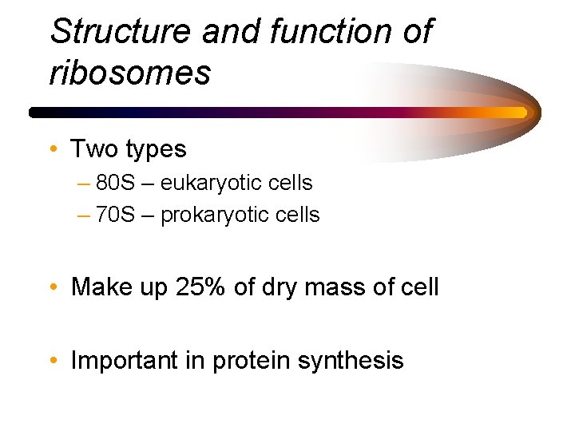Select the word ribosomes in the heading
[x=130, y=73]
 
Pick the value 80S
[x=116, y=184]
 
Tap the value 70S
[x=116, y=215]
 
